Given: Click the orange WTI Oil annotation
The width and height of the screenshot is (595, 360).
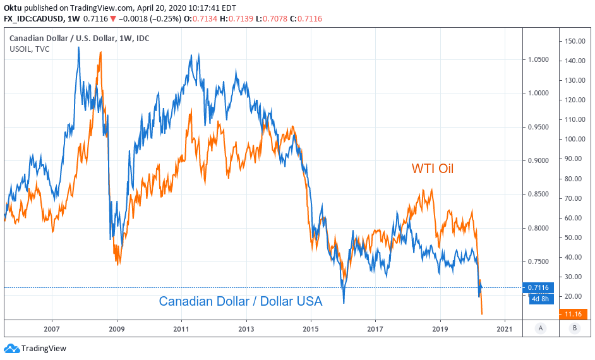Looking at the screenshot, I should pos(433,169).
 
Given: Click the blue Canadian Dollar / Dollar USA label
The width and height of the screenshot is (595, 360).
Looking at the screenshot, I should pos(240,301).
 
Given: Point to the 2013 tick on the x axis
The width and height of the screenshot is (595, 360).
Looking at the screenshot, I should pos(246,328).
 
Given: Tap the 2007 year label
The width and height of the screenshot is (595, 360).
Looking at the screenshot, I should pos(52,328).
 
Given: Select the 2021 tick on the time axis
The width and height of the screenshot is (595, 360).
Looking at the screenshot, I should pos(505,328).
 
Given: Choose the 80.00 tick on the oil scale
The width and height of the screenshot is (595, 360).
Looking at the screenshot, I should pos(573,179).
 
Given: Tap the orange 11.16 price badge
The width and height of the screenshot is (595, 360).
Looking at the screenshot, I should pos(574,313).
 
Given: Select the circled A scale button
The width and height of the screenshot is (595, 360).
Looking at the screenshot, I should pos(540,328).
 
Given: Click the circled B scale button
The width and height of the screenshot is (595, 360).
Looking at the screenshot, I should pos(574,328).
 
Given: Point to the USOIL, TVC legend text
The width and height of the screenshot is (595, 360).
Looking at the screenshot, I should pos(30,49).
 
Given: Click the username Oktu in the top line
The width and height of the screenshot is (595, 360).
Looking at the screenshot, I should pos(13,7).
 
